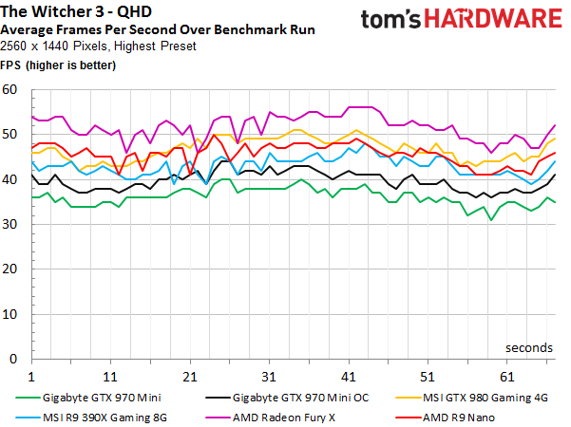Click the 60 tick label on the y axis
point(11,90)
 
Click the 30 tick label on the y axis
point(11,225)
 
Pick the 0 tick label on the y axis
point(15,360)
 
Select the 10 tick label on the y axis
point(11,314)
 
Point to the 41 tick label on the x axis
point(348,375)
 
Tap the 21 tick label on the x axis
point(189,375)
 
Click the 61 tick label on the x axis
point(506,375)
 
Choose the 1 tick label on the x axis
point(31,375)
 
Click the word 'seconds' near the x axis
point(528,347)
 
